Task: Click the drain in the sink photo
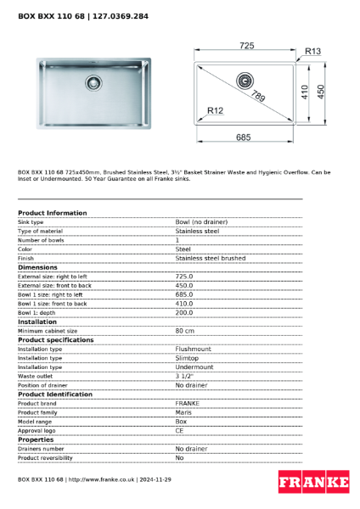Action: click(92, 83)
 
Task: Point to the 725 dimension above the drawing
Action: click(246, 45)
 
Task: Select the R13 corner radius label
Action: click(312, 52)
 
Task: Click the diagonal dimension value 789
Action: click(257, 98)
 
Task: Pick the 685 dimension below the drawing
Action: click(245, 137)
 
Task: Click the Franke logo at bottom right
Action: click(313, 483)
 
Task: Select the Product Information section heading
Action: click(52, 213)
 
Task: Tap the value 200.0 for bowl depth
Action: click(184, 312)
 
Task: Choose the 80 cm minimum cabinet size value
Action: click(185, 331)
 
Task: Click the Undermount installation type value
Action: click(194, 367)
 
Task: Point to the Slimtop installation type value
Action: click(187, 358)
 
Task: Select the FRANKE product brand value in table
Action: click(187, 403)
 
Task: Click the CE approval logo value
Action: click(180, 430)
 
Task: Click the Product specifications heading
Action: click(55, 339)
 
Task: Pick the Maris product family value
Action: click(183, 411)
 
